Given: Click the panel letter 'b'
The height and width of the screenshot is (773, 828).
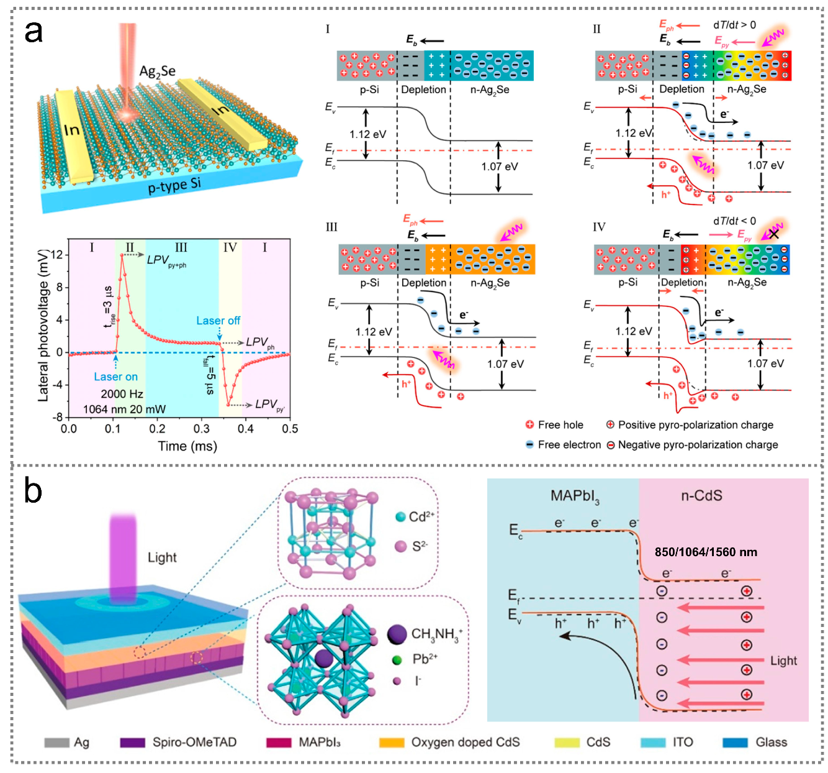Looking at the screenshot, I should point(33,491).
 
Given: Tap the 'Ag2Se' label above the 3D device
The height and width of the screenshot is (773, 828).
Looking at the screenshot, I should point(157,71).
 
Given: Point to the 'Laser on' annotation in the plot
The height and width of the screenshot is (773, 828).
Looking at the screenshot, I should point(115,377).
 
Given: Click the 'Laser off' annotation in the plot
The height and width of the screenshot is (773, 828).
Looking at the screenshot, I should point(218,321).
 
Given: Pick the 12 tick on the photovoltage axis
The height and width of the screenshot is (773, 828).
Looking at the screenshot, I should point(58,255).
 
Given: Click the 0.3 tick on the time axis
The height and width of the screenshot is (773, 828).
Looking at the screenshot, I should point(201,429).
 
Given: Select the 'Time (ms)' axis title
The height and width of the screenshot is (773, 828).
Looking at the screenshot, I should point(187,446).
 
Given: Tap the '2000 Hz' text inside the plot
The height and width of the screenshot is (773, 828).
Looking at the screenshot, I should point(122,394).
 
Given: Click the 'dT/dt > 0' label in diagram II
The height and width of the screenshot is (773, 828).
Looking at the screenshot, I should point(734,25).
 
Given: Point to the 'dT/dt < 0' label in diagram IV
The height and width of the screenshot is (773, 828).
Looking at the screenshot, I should point(734,221).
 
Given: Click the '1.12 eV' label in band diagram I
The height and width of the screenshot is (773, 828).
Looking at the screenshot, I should point(367,134).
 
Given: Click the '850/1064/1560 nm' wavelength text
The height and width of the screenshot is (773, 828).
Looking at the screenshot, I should point(706,552).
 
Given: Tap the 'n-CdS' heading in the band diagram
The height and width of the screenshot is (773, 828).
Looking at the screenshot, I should point(701,496).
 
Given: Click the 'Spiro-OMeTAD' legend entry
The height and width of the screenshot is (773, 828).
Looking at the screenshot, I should point(194,742).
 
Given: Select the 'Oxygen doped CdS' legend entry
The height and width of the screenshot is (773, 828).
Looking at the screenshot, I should point(465,742).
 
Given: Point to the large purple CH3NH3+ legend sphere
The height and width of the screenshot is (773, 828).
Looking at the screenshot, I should point(397,634).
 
